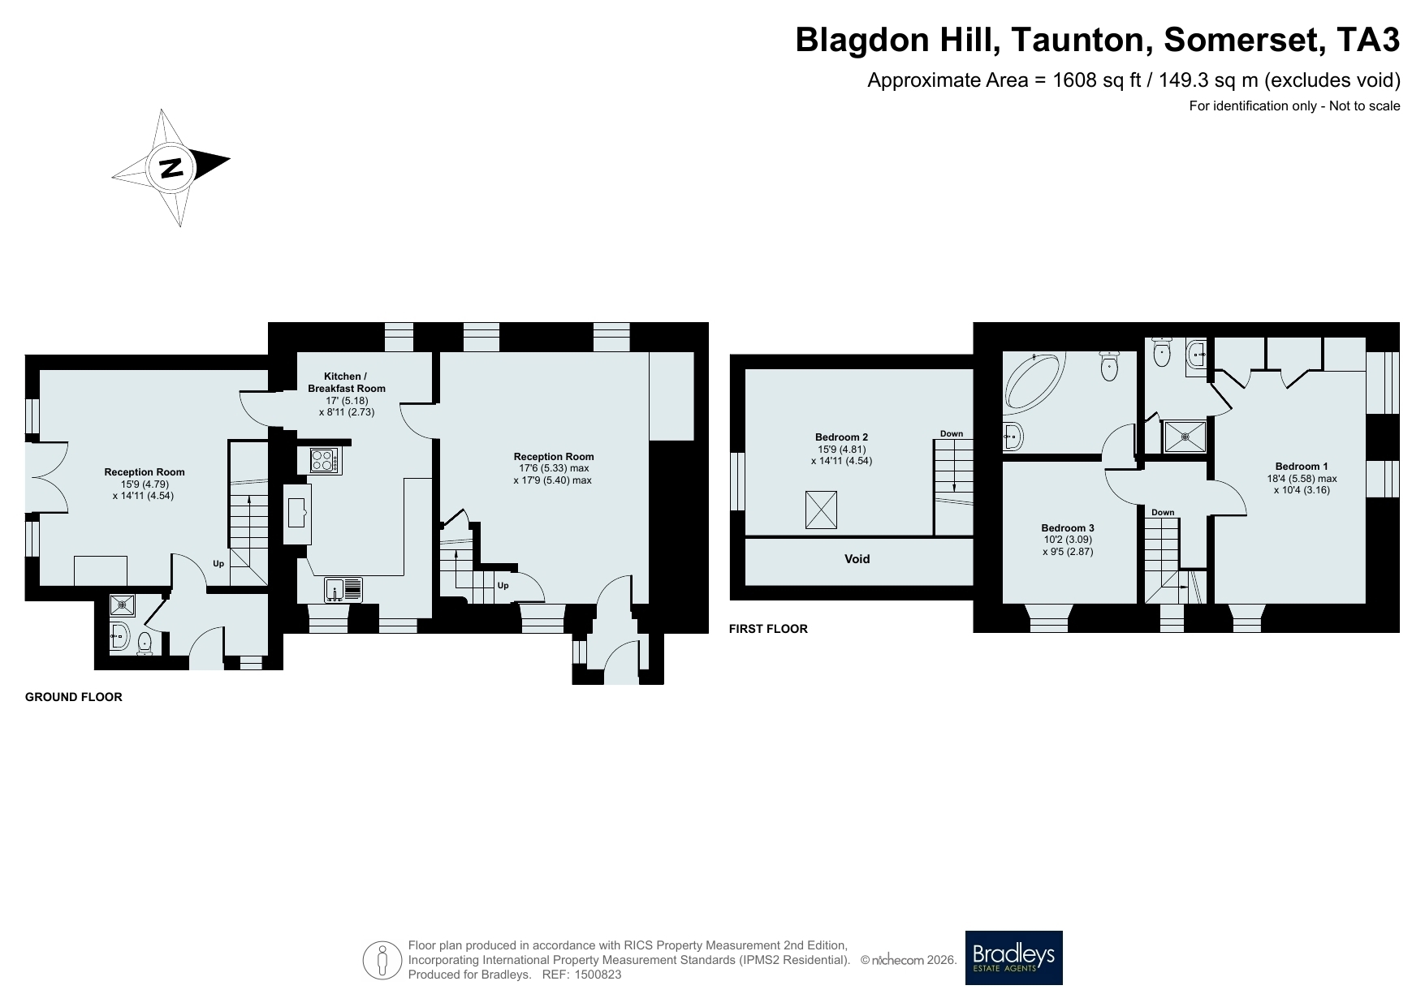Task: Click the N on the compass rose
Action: [x=171, y=168]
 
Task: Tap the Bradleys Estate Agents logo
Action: [x=1013, y=958]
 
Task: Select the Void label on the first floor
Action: [x=857, y=559]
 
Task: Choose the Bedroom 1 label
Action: [x=1302, y=467]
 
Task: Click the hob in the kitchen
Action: [x=326, y=461]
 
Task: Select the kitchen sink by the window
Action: [x=343, y=590]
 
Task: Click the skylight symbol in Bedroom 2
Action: [x=821, y=510]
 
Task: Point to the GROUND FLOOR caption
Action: [x=74, y=697]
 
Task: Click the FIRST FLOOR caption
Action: [x=768, y=629]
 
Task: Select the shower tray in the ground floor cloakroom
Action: [x=122, y=604]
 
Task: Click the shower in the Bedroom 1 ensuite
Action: [x=1185, y=437]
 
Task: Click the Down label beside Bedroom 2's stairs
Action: [x=952, y=434]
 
